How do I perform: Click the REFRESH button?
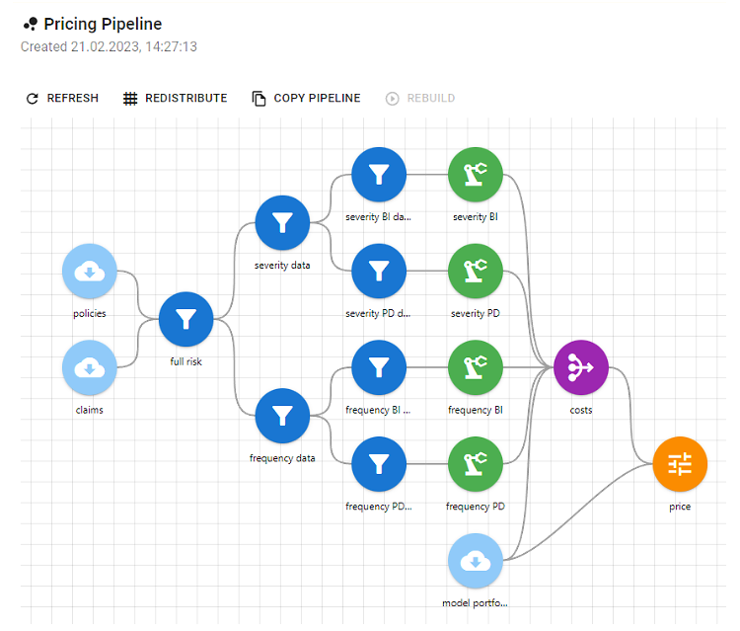pos(61,99)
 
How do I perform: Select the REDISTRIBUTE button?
pos(175,99)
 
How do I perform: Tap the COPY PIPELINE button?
pos(306,99)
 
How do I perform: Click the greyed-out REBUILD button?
pos(420,99)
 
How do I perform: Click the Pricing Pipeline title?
pos(102,24)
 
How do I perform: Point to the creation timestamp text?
pos(109,46)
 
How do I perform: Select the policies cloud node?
pos(90,272)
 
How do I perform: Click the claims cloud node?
pos(90,368)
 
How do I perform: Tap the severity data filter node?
pos(282,223)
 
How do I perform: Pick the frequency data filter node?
pos(282,416)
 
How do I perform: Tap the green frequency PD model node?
pos(476,464)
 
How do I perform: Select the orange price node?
pos(680,464)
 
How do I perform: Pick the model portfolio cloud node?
pos(476,561)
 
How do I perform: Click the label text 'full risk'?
pos(185,361)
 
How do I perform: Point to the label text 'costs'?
pos(581,410)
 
